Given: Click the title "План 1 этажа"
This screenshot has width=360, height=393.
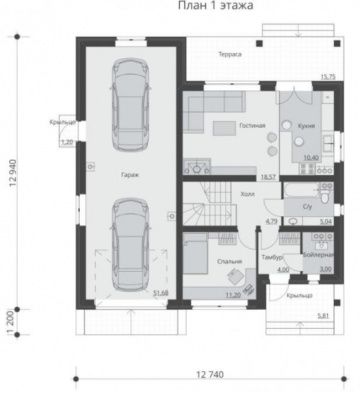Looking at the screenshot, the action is point(215,5).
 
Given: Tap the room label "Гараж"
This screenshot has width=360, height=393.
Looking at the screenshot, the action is point(130,175).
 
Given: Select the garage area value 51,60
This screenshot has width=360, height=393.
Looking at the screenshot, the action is point(160,293).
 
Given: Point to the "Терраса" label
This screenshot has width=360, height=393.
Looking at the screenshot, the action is point(230,54).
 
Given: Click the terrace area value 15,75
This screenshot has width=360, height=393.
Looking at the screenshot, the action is point(328,77).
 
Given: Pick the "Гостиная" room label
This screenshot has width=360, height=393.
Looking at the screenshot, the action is point(252,125).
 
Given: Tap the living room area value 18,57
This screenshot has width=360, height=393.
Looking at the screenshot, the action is point(268,177).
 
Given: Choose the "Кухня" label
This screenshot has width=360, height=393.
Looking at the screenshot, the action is point(306,126).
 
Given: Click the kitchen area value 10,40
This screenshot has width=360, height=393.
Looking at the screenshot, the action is point(311,158).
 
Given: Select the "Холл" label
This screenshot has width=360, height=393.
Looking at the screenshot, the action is point(247,194).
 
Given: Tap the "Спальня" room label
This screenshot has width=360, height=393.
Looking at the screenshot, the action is point(230,261).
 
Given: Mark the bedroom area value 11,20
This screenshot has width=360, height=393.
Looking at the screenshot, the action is point(233,295).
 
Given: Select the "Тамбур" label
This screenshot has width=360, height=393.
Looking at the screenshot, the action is point(272,257).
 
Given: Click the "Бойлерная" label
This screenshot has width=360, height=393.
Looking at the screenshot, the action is point(318,255).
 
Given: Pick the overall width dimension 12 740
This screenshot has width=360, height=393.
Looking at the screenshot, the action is point(209,375).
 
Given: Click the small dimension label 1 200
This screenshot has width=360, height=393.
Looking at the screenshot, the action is point(10,322).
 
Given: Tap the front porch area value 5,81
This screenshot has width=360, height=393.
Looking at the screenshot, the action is point(323,316).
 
